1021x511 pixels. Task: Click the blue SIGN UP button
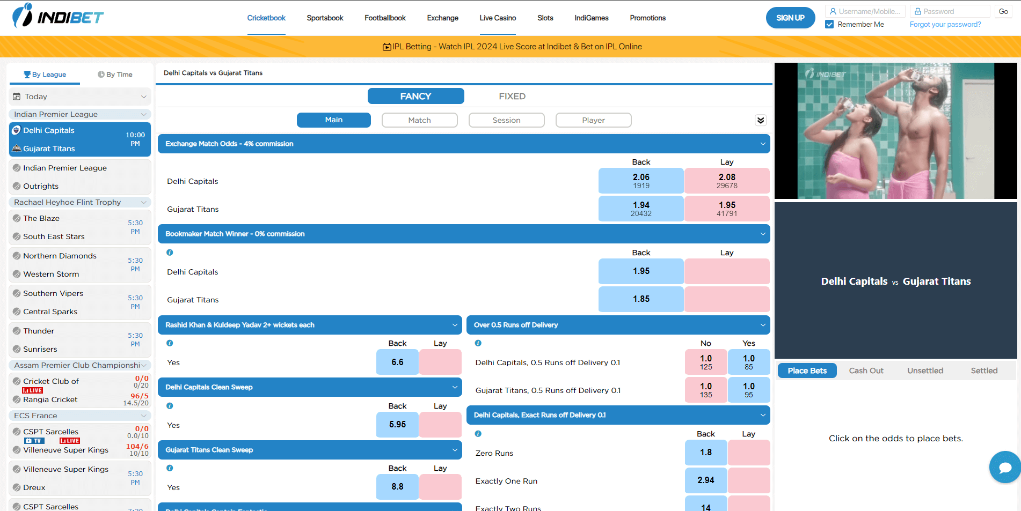790,18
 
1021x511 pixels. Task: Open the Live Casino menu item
498,18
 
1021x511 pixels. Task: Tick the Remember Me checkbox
829,24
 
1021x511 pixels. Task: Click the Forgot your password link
945,24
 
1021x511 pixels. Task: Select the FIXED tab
512,96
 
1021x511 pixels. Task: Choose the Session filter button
506,120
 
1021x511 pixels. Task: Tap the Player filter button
593,120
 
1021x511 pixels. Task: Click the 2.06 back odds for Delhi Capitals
641,181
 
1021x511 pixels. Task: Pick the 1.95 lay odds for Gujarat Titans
727,209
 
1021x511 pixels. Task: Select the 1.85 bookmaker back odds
641,299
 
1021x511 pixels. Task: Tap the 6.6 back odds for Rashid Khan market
397,362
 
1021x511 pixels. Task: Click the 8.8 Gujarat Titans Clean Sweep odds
397,486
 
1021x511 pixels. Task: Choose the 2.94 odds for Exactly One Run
706,480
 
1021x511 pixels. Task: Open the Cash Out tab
866,371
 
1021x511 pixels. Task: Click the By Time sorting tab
115,75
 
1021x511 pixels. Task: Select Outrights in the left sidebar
41,186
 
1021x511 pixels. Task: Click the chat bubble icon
1004,468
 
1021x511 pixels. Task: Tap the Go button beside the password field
1003,11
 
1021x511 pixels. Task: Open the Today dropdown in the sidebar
79,97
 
